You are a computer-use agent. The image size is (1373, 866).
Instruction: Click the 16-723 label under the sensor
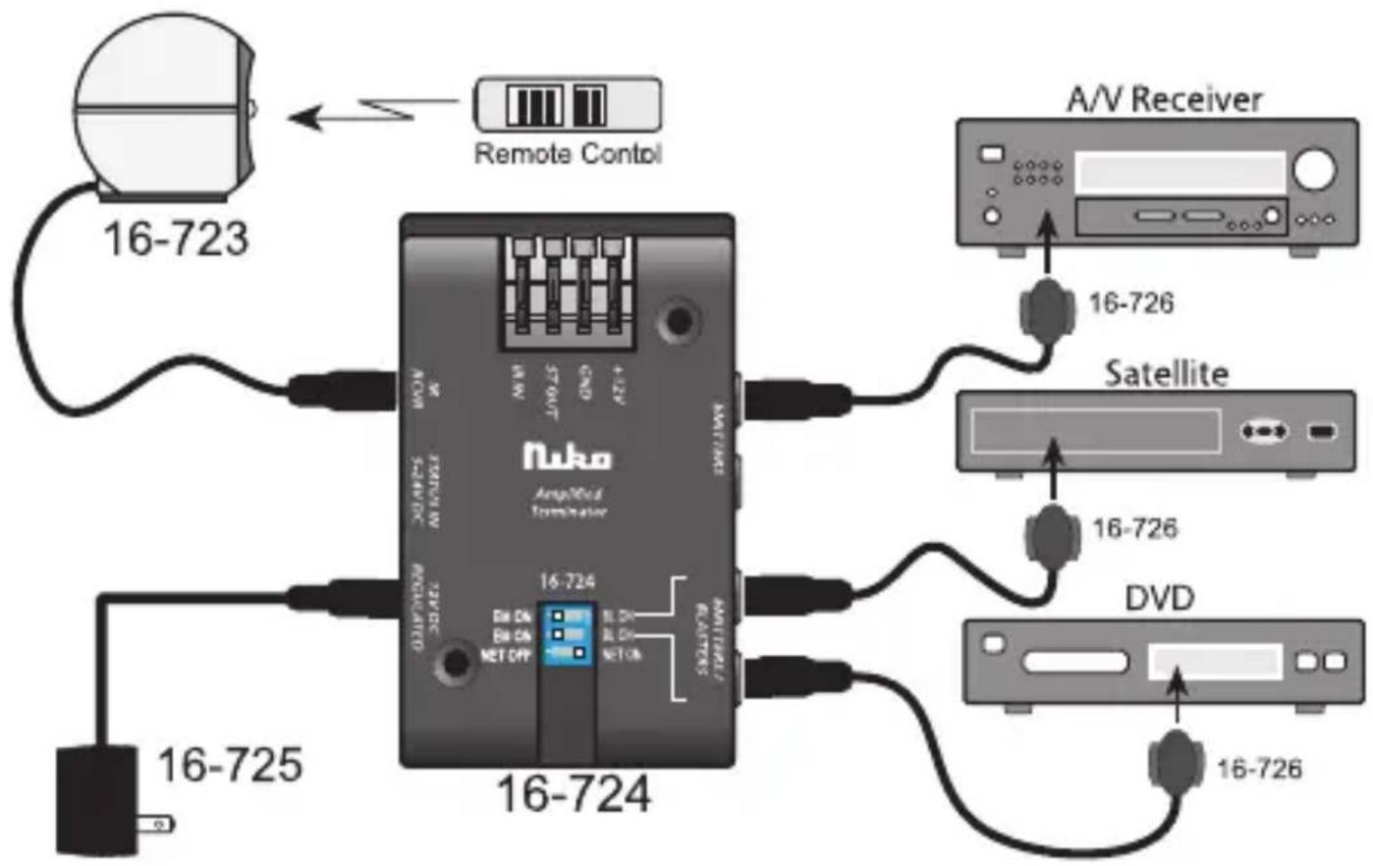(x=176, y=239)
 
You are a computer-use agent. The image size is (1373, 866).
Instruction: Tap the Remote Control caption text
(x=568, y=154)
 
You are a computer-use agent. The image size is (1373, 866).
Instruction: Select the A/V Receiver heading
(x=1164, y=98)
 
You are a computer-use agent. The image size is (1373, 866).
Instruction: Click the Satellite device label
(x=1166, y=374)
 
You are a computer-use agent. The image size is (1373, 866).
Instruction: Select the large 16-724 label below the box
(x=573, y=794)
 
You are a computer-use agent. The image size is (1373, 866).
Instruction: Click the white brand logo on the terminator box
(x=567, y=457)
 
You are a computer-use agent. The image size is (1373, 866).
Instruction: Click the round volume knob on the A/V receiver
(x=1314, y=170)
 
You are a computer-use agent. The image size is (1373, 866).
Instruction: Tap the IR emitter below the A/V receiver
(x=1047, y=307)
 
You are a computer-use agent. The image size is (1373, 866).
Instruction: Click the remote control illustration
(x=567, y=103)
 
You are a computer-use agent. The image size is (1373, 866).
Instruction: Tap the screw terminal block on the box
(x=567, y=290)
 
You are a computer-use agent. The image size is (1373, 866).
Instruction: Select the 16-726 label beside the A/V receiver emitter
(x=1131, y=303)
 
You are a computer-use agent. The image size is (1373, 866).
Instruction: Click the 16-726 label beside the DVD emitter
(x=1259, y=768)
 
